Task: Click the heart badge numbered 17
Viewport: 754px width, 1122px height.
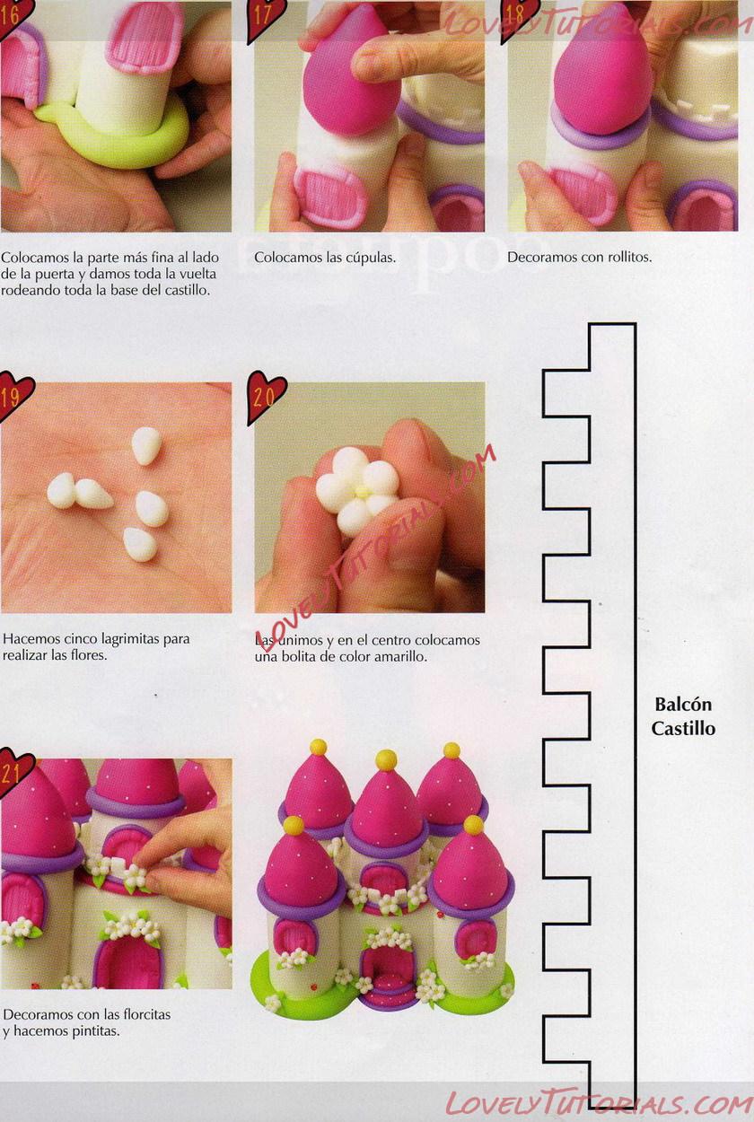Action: (x=264, y=17)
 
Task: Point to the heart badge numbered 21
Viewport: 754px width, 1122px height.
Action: (x=14, y=774)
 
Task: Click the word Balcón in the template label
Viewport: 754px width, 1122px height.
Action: (x=683, y=705)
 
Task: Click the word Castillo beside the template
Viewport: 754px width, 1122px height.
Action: (x=683, y=728)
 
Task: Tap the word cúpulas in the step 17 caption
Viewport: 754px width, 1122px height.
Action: (x=370, y=259)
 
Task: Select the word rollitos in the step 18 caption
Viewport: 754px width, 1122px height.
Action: (x=627, y=258)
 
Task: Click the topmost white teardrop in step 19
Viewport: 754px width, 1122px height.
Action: (x=146, y=446)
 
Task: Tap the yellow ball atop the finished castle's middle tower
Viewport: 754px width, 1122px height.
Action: (x=386, y=760)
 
